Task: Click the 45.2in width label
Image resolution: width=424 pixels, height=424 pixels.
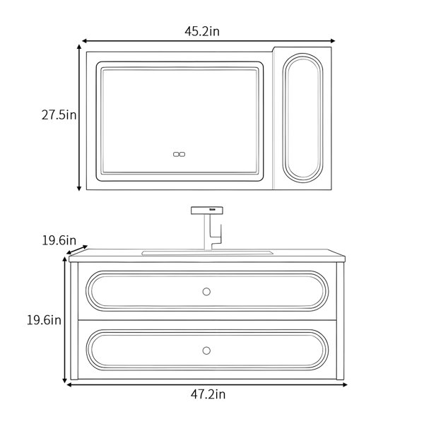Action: pos(202,31)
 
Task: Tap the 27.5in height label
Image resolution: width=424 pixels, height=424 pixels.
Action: pos(59,115)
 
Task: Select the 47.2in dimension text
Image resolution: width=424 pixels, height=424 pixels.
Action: pos(208,394)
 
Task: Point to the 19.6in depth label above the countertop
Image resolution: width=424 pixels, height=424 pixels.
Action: pos(59,240)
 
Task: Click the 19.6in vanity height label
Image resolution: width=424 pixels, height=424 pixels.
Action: pos(44,320)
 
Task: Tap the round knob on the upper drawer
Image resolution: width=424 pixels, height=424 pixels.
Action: pos(206,291)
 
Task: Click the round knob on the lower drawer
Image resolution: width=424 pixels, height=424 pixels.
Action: pos(206,351)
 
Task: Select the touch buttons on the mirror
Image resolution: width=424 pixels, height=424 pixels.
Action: pos(179,154)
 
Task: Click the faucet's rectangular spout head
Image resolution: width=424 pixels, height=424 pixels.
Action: pos(207,211)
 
